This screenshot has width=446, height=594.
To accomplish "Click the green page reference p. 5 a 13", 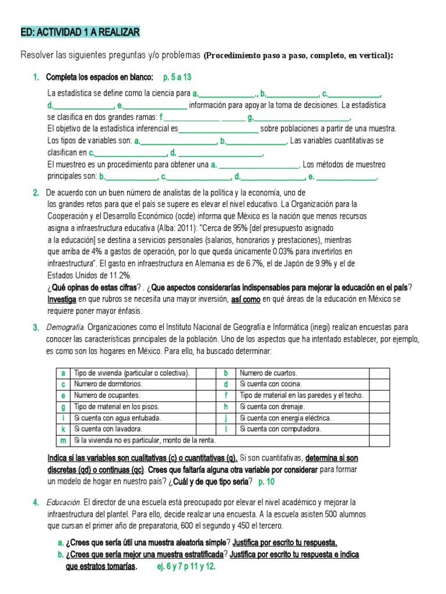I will tap(177, 77).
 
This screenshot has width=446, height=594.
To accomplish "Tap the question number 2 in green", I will tap(35, 193).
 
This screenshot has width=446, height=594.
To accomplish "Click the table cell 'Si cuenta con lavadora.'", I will tap(108, 429).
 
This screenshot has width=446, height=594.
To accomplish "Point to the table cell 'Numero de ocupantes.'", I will tap(107, 395).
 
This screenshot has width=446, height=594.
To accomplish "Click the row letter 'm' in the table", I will tap(62, 440).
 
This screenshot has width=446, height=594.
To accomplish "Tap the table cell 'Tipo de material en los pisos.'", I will tap(116, 407).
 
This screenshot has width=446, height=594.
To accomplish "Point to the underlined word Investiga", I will tap(62, 299).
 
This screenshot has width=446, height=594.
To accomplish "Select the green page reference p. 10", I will tap(267, 481).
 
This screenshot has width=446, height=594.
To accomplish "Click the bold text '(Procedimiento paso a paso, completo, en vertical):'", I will tap(298, 56).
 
